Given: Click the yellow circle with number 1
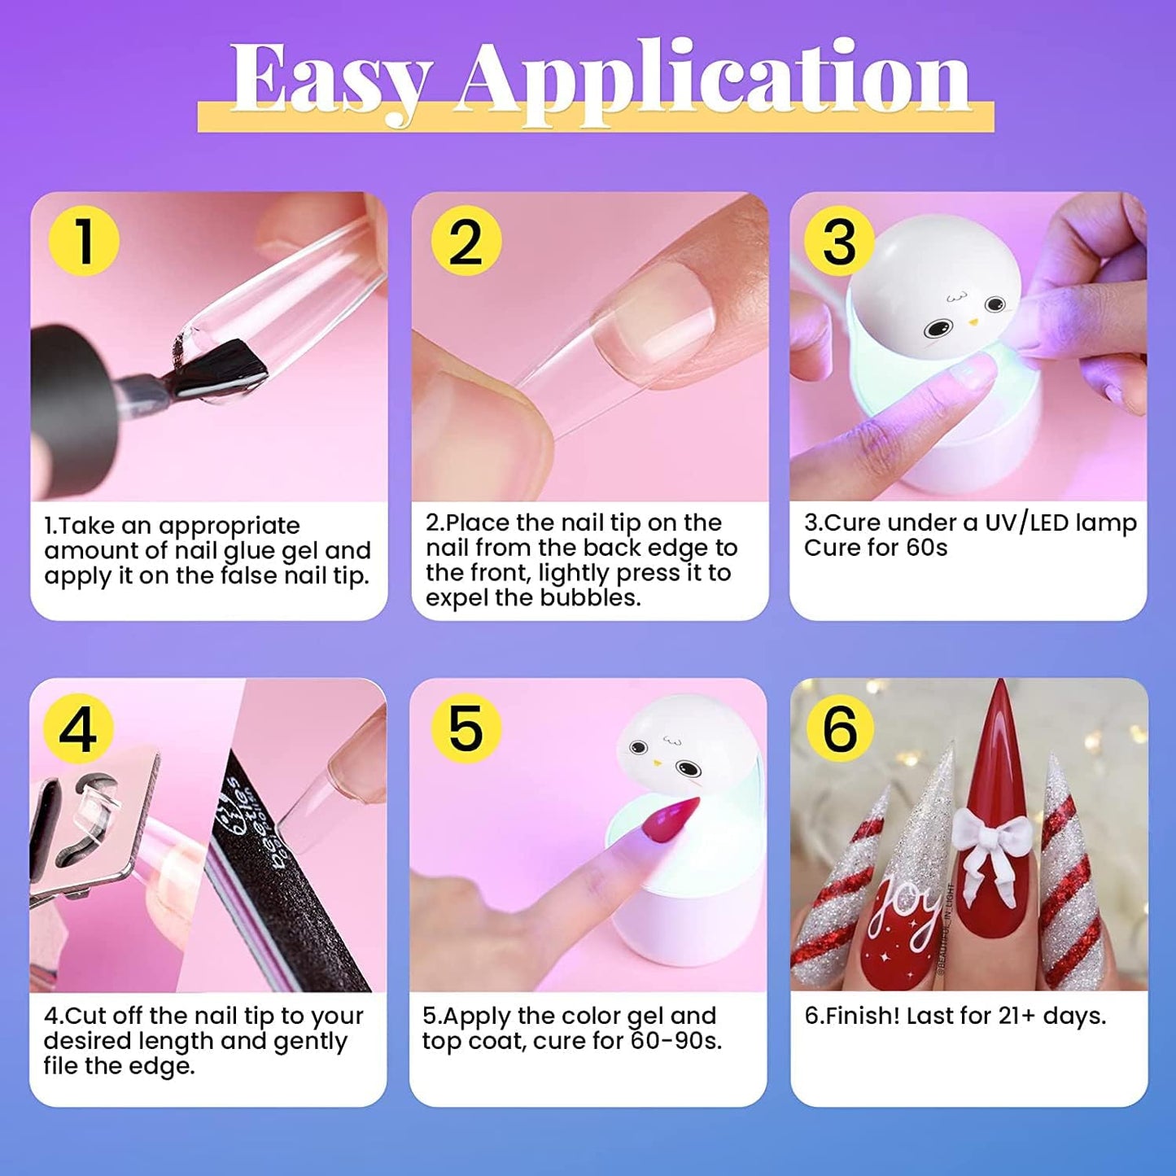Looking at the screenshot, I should click(x=83, y=241).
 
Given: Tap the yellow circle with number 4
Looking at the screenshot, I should click(x=78, y=728).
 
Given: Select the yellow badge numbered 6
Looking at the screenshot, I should click(x=839, y=728).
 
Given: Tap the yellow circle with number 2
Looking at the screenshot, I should click(x=465, y=241).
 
